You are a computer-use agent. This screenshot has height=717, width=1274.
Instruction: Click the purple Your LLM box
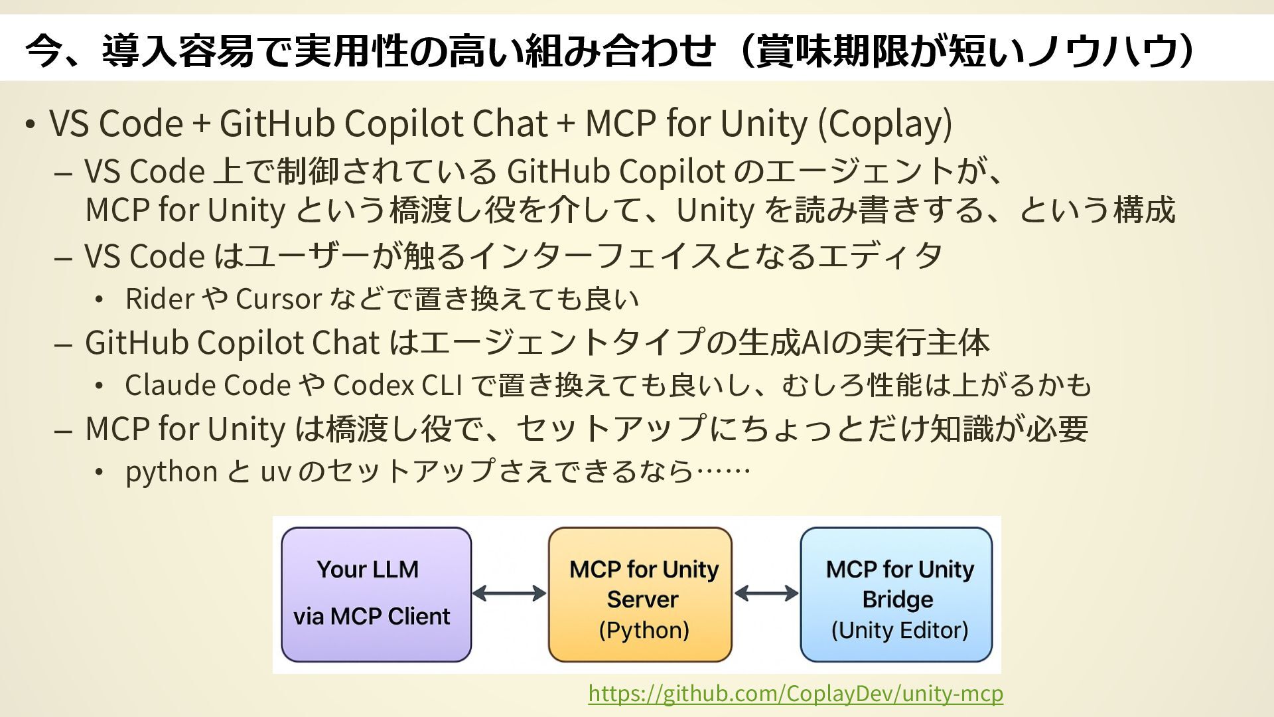tap(376, 594)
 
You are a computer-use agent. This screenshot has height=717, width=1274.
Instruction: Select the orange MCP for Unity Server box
tap(640, 594)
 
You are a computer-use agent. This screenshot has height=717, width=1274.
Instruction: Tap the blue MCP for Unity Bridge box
tap(896, 594)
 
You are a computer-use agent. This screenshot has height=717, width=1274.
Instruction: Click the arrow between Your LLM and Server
tap(510, 594)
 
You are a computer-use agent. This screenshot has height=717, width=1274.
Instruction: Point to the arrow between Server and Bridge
tap(766, 594)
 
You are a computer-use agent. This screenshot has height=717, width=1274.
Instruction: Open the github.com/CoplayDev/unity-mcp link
tap(796, 693)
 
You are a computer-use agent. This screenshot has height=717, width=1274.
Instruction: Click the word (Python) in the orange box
tap(644, 630)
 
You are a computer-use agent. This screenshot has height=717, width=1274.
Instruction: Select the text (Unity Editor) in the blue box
tap(899, 630)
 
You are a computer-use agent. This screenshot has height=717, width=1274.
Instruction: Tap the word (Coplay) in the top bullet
tap(885, 123)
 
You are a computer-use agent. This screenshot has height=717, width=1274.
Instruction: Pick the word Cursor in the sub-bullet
tap(279, 299)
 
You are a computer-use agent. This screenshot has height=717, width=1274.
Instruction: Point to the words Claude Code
tap(208, 386)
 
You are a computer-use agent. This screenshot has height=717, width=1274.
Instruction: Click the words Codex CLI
tap(397, 386)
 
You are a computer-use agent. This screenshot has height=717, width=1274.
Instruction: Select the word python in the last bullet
tap(171, 472)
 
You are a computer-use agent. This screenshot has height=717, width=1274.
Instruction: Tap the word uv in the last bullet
tap(275, 472)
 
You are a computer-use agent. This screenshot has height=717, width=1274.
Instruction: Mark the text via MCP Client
tap(372, 617)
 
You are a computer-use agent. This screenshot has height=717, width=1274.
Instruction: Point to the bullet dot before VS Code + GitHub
tap(30, 125)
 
